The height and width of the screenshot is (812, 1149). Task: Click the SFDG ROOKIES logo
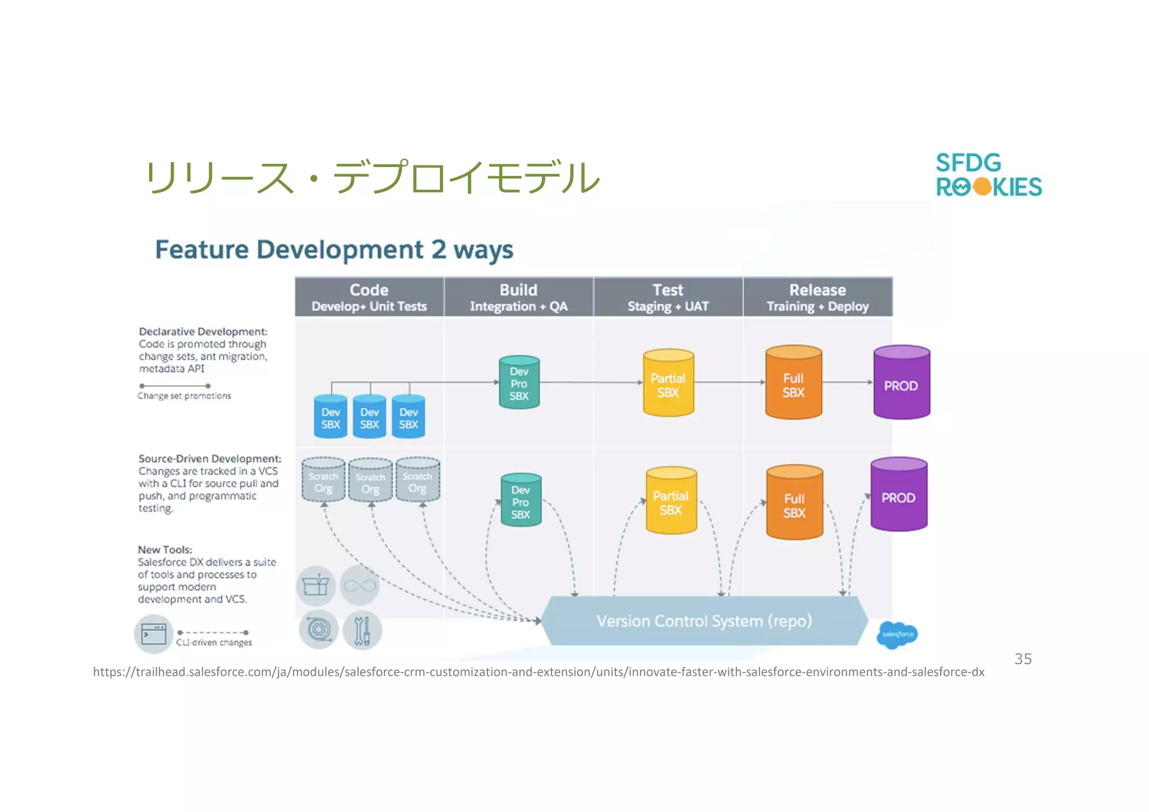pyautogui.click(x=988, y=175)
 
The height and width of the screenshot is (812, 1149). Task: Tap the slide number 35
pyautogui.click(x=1022, y=659)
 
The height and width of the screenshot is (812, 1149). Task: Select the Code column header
pyautogui.click(x=369, y=297)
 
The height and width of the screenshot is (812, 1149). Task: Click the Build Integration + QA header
pyautogui.click(x=518, y=297)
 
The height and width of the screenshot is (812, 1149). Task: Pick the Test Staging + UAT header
pyautogui.click(x=668, y=297)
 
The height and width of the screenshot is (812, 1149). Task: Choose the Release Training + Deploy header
pyautogui.click(x=817, y=297)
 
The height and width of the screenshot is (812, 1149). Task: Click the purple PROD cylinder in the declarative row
pyautogui.click(x=901, y=383)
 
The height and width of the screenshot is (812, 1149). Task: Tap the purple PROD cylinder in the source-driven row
pyautogui.click(x=898, y=495)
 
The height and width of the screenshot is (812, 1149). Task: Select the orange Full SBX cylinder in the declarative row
pyautogui.click(x=793, y=383)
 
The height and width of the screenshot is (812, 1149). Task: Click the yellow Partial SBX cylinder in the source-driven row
pyautogui.click(x=671, y=501)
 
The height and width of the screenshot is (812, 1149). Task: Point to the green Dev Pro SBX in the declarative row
pyautogui.click(x=519, y=383)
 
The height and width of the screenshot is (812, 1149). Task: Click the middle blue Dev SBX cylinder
pyautogui.click(x=369, y=417)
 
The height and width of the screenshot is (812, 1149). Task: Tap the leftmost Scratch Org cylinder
pyautogui.click(x=323, y=481)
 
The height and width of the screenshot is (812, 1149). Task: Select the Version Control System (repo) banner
pyautogui.click(x=704, y=621)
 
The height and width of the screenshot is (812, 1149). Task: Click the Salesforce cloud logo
pyautogui.click(x=897, y=634)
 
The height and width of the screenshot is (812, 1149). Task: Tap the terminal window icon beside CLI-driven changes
pyautogui.click(x=153, y=634)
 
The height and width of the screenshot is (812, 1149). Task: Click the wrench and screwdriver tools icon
pyautogui.click(x=362, y=630)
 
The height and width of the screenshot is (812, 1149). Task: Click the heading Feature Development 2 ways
pyautogui.click(x=334, y=250)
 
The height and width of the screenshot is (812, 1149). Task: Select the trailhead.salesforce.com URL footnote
pyautogui.click(x=539, y=672)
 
